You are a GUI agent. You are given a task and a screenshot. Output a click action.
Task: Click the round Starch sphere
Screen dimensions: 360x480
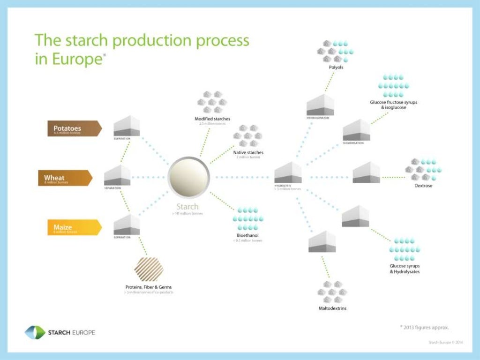tap(188, 177)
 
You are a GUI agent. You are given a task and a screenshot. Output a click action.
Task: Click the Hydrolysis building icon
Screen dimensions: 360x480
tap(288, 172)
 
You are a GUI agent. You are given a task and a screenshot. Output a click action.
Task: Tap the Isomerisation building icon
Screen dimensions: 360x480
tap(356, 130)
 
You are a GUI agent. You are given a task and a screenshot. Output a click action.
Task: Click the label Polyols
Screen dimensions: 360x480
tap(336, 67)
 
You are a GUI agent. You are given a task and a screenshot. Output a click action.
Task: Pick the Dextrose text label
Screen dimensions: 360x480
tap(423, 186)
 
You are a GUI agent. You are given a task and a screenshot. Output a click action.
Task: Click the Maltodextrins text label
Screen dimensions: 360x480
tap(332, 308)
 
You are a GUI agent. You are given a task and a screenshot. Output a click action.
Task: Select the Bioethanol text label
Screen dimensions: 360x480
tap(247, 235)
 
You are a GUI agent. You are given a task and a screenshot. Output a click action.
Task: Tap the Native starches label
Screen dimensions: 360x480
tap(248, 152)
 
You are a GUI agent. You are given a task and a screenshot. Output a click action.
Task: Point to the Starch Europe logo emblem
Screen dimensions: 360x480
tap(35, 332)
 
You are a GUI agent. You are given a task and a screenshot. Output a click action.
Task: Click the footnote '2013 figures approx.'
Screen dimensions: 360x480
tap(427, 327)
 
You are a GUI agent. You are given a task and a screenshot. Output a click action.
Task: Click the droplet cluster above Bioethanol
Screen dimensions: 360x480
tap(248, 217)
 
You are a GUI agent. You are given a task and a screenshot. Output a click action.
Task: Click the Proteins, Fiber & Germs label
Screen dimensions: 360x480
tap(148, 287)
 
